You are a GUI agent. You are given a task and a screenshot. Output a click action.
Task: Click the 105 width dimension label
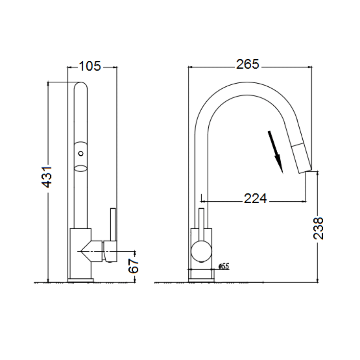coord(90,66)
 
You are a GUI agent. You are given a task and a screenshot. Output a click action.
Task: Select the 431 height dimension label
coord(48,177)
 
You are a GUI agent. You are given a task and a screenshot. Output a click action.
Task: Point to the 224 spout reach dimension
coord(255,198)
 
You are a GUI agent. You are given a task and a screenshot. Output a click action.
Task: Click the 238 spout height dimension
coord(318,228)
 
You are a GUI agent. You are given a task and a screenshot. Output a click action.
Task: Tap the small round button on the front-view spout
coord(81,153)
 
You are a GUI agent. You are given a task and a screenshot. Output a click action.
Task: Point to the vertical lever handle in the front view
coord(113,224)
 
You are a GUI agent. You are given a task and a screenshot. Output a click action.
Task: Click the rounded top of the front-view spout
coord(81,86)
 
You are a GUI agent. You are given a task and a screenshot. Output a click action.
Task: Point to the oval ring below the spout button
coord(81,168)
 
